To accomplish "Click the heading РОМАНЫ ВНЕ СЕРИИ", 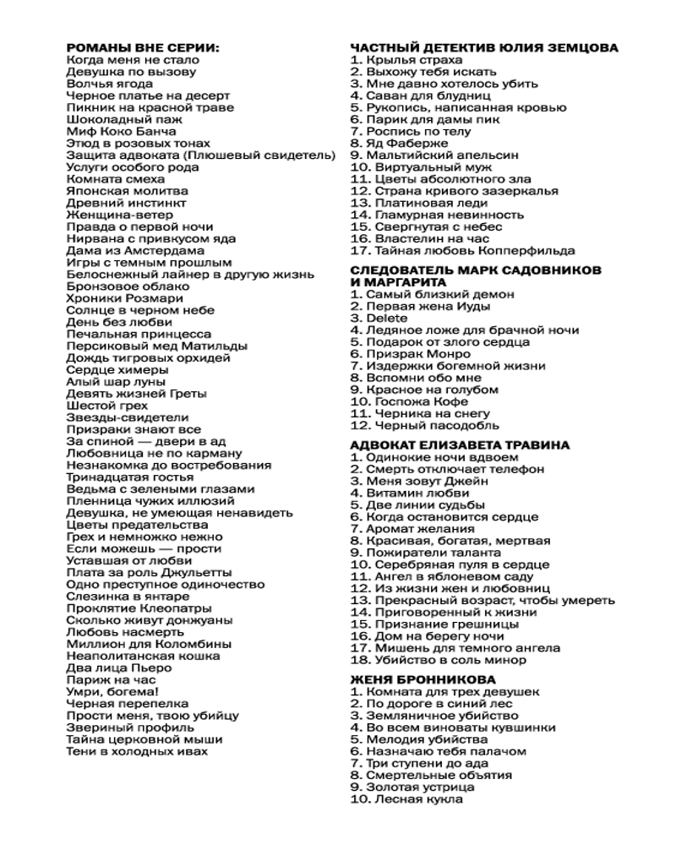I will [x=142, y=48].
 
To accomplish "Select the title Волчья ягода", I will [x=109, y=84].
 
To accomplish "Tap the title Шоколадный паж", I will [x=119, y=120].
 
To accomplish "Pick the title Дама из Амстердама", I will [x=134, y=251].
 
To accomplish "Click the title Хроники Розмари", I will [x=119, y=298].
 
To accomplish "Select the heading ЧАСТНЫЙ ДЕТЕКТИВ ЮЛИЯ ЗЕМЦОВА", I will [x=483, y=48].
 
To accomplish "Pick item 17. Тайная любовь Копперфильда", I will [x=462, y=250].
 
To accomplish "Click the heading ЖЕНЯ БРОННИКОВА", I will [x=422, y=679].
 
